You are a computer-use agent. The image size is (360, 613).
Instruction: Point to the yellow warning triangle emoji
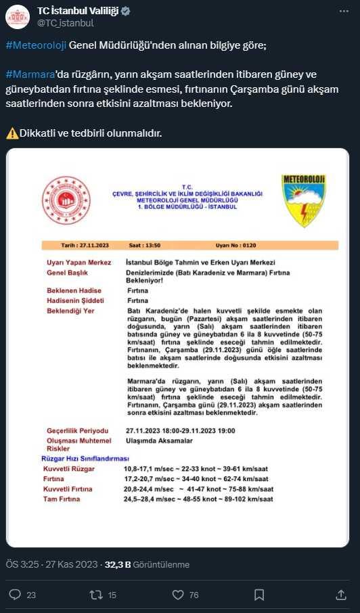click(12, 132)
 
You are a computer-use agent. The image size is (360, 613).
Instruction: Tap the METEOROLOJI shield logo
click(305, 201)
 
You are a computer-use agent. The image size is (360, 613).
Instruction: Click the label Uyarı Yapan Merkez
click(74, 262)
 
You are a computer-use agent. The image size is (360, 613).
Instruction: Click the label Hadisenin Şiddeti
click(74, 300)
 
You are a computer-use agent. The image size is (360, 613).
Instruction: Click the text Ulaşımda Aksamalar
click(160, 440)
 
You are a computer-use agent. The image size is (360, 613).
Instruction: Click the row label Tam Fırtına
click(62, 499)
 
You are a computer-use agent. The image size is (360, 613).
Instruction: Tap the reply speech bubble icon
click(15, 595)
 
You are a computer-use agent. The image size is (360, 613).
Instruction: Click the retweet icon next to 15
click(95, 595)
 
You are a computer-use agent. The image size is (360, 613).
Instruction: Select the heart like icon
click(178, 595)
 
